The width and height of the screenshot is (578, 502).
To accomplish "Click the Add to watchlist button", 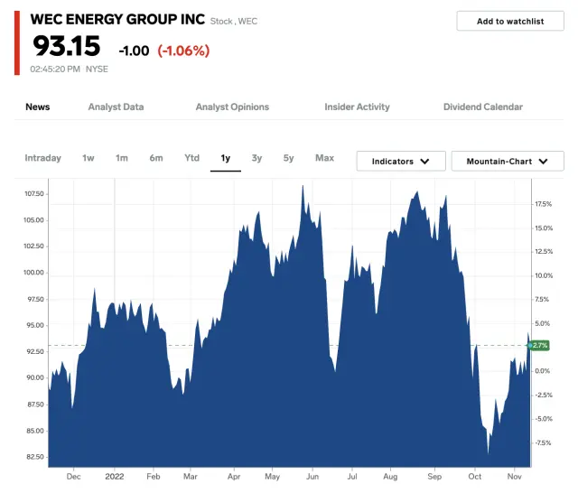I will [x=510, y=22].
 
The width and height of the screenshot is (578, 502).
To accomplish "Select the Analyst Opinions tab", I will [x=232, y=107].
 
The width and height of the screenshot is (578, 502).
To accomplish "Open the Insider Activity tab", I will [x=357, y=107].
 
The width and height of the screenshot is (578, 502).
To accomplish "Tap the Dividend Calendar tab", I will [x=482, y=107].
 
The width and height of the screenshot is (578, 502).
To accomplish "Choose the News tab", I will [x=38, y=107].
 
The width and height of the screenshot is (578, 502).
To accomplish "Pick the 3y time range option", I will [x=257, y=158].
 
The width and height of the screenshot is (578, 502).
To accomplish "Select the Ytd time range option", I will [x=191, y=158].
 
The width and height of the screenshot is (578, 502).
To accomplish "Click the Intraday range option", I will [x=42, y=158].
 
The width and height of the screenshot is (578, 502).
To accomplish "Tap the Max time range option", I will [x=324, y=158].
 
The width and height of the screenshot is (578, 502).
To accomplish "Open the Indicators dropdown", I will [x=401, y=162].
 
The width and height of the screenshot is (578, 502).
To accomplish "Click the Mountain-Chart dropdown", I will [x=508, y=162].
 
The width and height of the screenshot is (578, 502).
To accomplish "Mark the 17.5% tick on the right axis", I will [x=543, y=204].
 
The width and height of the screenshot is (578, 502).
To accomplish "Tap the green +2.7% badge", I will [x=538, y=346].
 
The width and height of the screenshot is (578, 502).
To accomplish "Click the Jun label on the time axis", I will [x=312, y=475].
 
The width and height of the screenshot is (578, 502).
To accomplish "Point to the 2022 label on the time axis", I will [x=115, y=475].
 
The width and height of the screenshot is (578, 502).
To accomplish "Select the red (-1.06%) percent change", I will [x=183, y=51].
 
